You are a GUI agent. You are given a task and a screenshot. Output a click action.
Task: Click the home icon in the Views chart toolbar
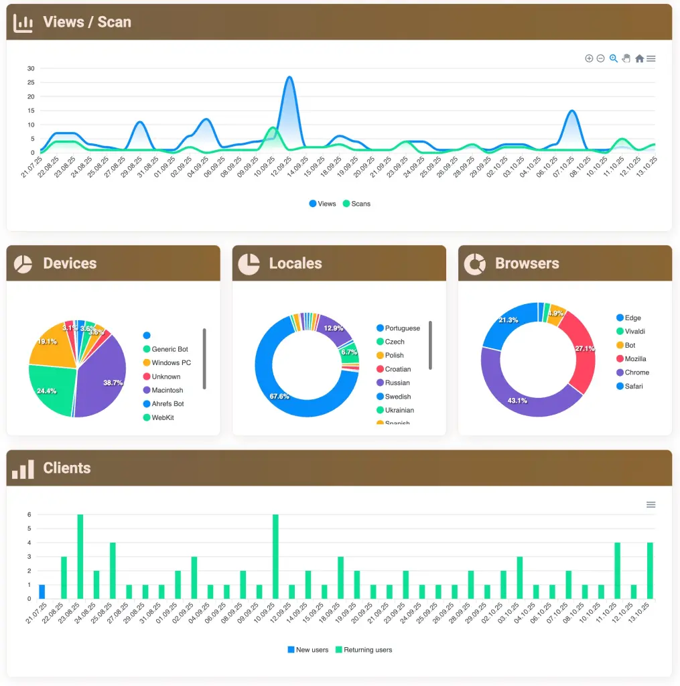(639, 59)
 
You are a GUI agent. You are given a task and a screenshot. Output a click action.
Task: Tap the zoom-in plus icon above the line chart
(589, 59)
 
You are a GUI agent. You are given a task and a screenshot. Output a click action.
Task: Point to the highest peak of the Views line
(289, 77)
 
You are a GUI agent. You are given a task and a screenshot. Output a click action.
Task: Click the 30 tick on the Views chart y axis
(31, 68)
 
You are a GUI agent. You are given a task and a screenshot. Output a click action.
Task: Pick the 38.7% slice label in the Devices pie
(113, 383)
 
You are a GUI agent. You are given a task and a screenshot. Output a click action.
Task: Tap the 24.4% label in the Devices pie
(47, 391)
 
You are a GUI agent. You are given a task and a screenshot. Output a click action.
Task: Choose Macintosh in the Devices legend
(167, 391)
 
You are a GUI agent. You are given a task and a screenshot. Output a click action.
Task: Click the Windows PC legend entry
(171, 363)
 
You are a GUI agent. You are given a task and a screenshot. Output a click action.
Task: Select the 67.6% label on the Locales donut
(279, 397)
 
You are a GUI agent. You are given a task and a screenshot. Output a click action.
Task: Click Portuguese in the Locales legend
(402, 328)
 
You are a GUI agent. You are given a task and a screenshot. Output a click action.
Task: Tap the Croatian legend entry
(398, 369)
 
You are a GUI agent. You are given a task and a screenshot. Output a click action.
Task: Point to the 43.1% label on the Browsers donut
(517, 401)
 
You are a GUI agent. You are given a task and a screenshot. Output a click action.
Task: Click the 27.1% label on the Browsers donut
(584, 348)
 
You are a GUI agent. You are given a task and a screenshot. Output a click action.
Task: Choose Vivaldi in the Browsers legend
(634, 332)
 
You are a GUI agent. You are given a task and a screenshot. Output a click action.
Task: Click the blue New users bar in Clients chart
(42, 592)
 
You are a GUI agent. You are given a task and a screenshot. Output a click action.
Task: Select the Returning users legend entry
(367, 650)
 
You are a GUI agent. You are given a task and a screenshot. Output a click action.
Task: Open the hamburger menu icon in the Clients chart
(651, 504)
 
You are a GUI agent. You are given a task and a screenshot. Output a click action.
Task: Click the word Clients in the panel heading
(66, 468)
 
